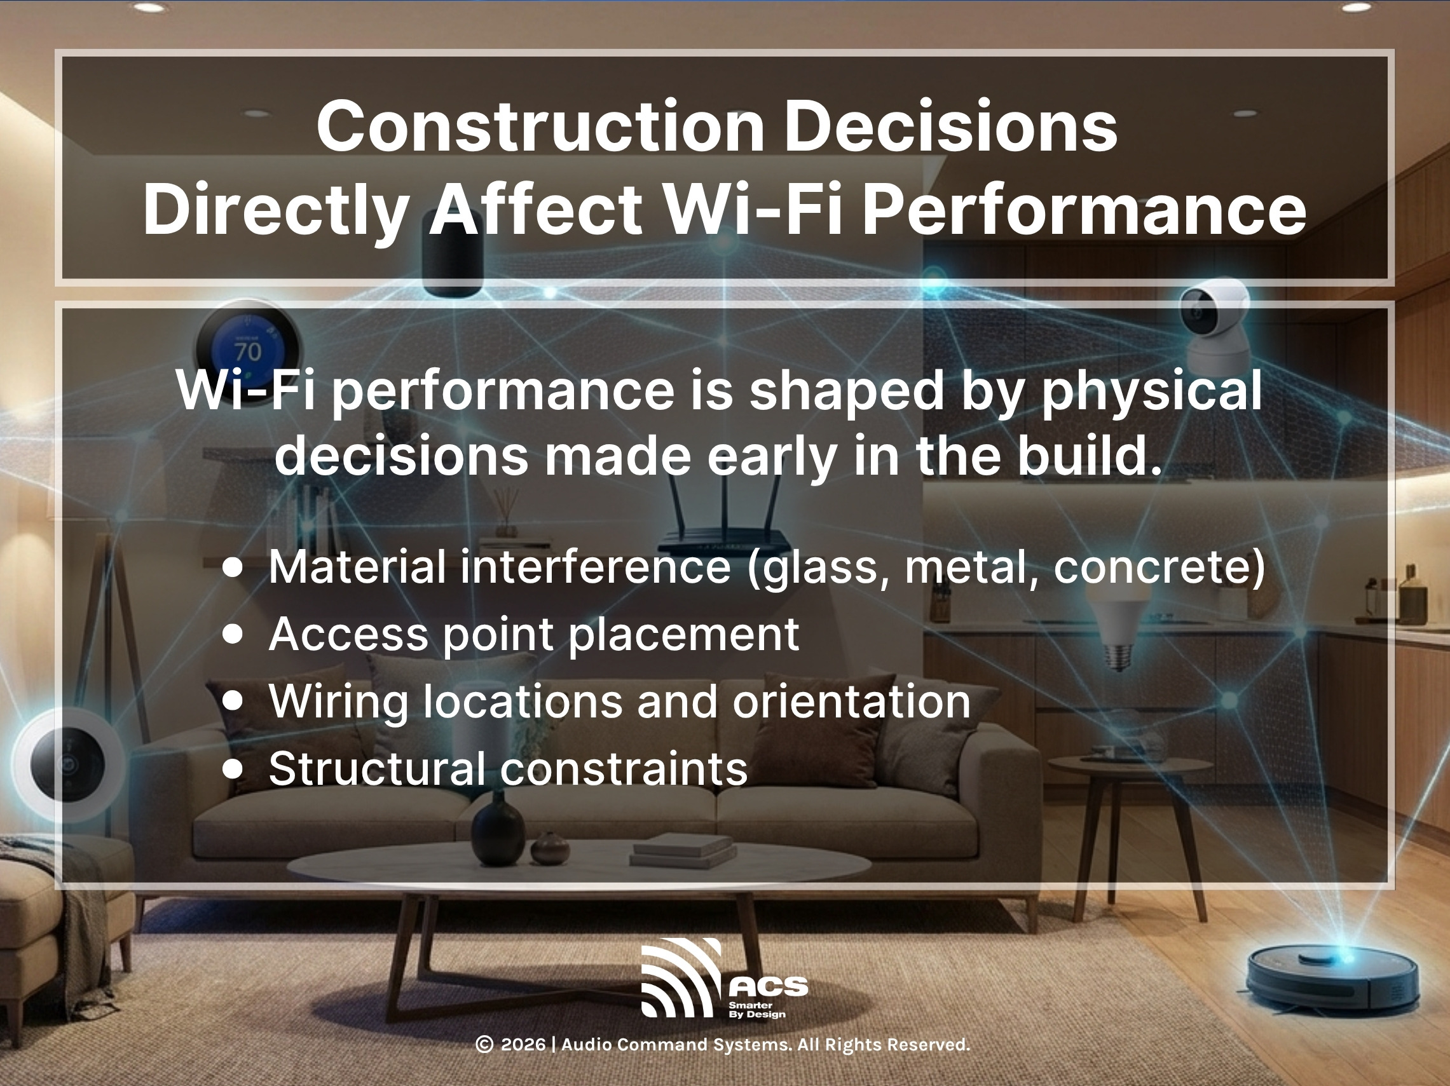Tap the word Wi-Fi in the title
[753, 210]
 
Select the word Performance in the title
[1084, 210]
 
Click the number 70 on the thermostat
[248, 352]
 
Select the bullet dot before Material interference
[232, 567]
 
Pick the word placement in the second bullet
[684, 634]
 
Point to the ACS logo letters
[769, 986]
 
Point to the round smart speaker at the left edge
[67, 764]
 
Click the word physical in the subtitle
[1151, 391]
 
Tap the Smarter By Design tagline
[756, 1009]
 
